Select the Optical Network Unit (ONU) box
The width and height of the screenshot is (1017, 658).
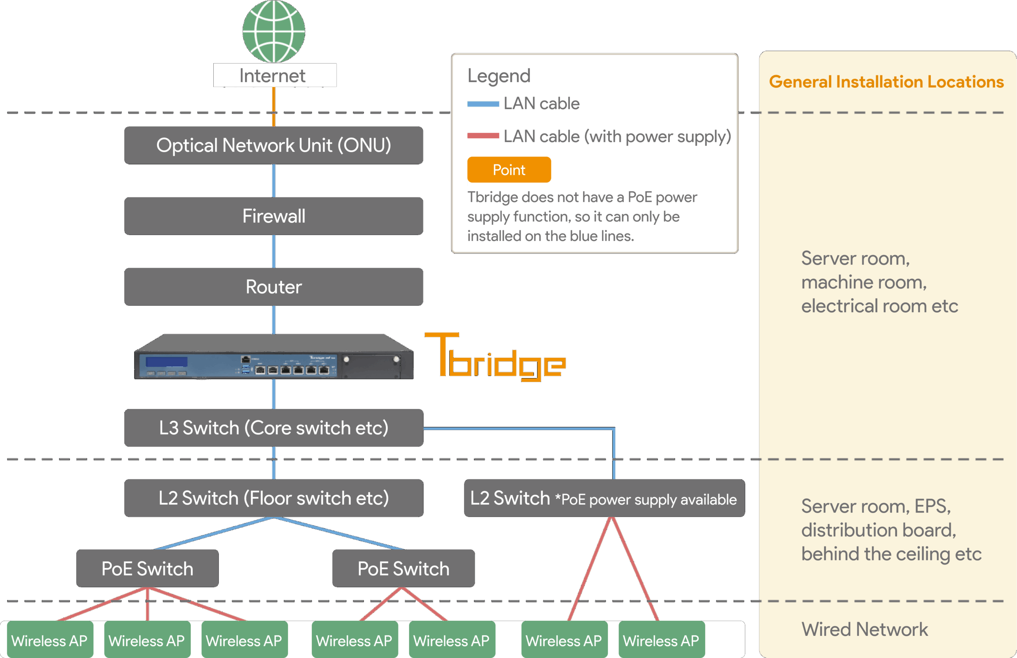[x=273, y=145]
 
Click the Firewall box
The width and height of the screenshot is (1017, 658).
[x=273, y=216]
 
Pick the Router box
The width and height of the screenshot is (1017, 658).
[x=273, y=287]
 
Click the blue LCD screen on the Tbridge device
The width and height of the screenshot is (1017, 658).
[x=166, y=362]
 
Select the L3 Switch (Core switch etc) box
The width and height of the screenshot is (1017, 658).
[x=273, y=428]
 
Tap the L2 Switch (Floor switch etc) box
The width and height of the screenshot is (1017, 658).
[x=273, y=498]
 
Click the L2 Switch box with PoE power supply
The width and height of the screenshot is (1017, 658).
[x=604, y=498]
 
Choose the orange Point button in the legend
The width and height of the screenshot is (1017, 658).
[x=508, y=170]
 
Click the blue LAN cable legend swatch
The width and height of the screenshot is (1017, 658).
[x=483, y=104]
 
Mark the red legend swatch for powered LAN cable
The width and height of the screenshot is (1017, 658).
[x=483, y=136]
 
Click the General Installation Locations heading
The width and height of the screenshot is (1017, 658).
[x=886, y=82]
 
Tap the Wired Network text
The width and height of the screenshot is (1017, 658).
[x=864, y=629]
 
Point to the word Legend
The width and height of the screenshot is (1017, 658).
[x=499, y=75]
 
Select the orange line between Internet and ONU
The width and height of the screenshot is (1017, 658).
[x=273, y=106]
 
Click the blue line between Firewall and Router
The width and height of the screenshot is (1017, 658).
[x=273, y=251]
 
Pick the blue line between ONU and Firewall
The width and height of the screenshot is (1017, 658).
[x=273, y=180]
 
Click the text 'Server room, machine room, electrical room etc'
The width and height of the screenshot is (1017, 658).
[x=879, y=282]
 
